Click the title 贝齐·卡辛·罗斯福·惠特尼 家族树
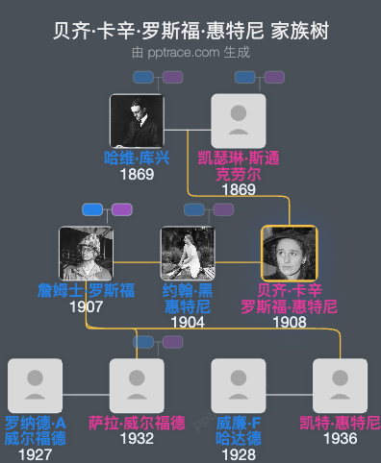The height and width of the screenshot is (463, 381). click(x=190, y=31)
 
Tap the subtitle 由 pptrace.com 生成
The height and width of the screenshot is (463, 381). click(x=190, y=52)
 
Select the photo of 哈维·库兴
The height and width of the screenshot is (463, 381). click(x=134, y=120)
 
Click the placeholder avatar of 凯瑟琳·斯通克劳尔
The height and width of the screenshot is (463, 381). click(x=238, y=120)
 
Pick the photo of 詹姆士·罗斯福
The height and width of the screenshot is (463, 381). click(x=87, y=253)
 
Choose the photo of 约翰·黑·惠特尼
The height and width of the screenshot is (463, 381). click(x=188, y=253)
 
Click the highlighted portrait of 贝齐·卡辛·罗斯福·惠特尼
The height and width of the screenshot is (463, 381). click(x=290, y=253)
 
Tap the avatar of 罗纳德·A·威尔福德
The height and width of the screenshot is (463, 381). click(x=35, y=385)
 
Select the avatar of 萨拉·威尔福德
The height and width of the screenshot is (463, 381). click(x=137, y=385)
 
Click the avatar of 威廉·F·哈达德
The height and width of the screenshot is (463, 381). click(x=238, y=385)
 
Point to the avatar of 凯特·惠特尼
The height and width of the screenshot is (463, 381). click(x=340, y=385)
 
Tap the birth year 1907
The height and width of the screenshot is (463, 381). click(x=87, y=307)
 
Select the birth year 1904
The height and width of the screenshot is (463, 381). click(x=188, y=322)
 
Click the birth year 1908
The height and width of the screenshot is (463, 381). click(x=290, y=322)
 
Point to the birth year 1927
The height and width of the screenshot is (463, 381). click(x=35, y=453)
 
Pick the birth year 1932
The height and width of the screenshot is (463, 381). click(x=137, y=439)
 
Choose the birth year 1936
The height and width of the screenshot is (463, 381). click(x=340, y=439)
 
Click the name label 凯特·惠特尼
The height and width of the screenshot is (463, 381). click(x=340, y=423)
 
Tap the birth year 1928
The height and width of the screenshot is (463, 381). click(x=238, y=453)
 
